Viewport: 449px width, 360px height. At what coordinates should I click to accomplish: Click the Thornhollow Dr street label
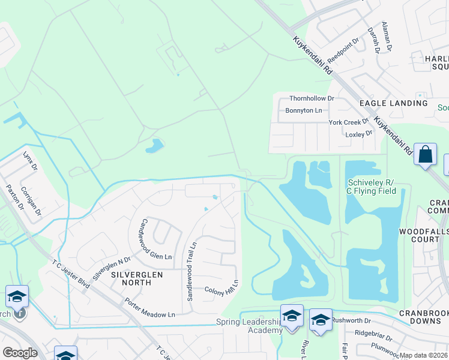pos(311,98)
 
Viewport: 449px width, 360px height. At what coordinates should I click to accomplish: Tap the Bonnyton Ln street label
pos(303,110)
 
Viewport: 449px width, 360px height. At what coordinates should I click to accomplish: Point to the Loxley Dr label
pos(359,134)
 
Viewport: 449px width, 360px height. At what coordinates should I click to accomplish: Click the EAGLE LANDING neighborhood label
pos(393,103)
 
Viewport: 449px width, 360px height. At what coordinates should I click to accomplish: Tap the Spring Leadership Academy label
pos(249,326)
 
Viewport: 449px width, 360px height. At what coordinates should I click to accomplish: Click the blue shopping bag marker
pos(425,154)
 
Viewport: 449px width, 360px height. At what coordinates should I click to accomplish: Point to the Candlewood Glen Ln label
pos(155,239)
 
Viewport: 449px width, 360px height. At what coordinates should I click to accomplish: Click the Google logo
pos(20,353)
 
